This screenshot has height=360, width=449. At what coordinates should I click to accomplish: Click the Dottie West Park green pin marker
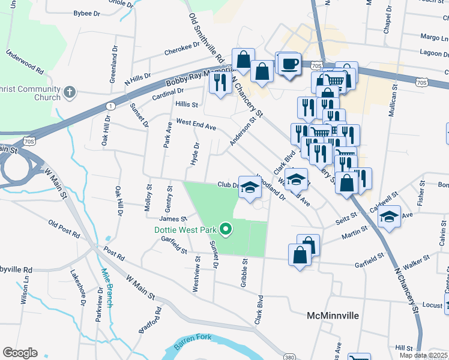[226, 229]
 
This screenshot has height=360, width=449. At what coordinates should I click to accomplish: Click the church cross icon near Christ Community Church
[70, 93]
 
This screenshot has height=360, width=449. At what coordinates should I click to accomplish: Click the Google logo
[20, 353]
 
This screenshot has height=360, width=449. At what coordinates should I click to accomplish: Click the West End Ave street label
[196, 125]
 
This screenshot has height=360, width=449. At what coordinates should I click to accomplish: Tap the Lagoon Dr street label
[432, 52]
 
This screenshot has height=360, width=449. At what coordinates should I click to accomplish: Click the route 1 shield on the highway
[110, 106]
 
